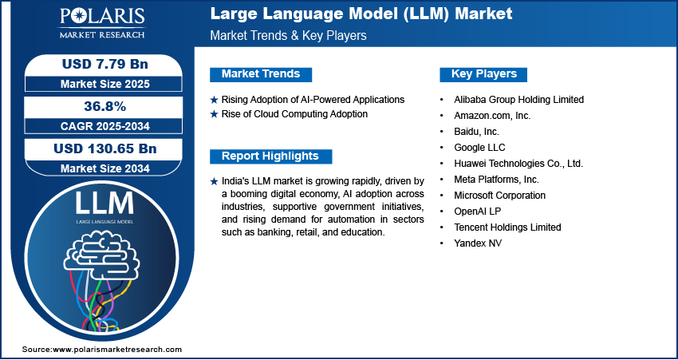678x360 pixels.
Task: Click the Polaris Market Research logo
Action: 102,22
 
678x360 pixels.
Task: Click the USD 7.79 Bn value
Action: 105,64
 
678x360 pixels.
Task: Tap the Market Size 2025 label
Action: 105,84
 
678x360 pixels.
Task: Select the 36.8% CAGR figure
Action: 105,106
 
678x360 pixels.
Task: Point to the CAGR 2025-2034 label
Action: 105,126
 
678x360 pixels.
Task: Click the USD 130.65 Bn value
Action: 105,148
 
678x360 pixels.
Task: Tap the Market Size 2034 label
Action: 105,168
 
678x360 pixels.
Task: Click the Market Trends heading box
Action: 261,74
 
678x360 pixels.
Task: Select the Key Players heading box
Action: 483,74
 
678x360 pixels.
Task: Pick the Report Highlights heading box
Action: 270,156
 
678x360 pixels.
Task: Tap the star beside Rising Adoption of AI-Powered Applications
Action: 214,100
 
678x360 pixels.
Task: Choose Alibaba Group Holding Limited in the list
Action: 519,100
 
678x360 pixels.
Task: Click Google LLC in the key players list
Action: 479,148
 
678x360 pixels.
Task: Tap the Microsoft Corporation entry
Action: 500,196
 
